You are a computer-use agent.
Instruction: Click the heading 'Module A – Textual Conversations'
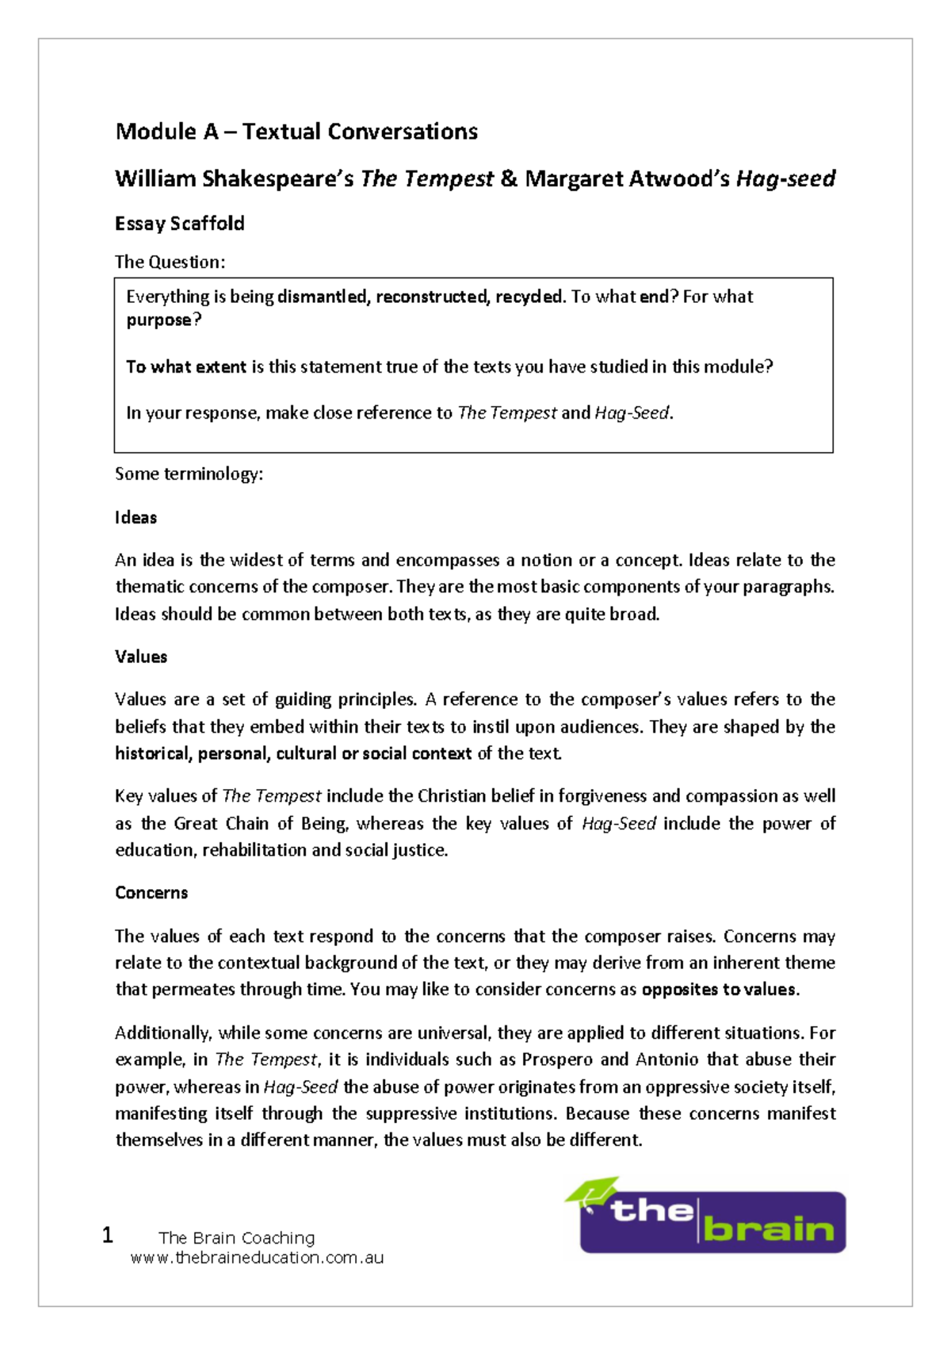pyautogui.click(x=296, y=132)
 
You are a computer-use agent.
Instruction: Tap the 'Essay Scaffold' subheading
pyautogui.click(x=179, y=224)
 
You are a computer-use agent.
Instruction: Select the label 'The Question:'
pyautogui.click(x=170, y=262)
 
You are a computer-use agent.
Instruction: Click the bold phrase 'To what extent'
pyautogui.click(x=185, y=366)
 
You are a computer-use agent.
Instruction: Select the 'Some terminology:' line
pyautogui.click(x=189, y=474)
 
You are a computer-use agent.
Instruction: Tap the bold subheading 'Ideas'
pyautogui.click(x=136, y=518)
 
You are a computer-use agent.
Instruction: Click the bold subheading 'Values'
pyautogui.click(x=140, y=657)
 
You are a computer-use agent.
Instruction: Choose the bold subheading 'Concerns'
pyautogui.click(x=151, y=893)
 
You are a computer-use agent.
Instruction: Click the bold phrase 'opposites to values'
pyautogui.click(x=718, y=990)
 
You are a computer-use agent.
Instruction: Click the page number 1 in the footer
pyautogui.click(x=108, y=1235)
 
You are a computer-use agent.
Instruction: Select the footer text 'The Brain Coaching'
pyautogui.click(x=236, y=1238)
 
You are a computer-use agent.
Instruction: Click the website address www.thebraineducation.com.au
pyautogui.click(x=257, y=1258)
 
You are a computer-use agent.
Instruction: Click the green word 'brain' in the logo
pyautogui.click(x=768, y=1229)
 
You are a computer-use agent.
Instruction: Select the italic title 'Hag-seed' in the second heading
pyautogui.click(x=785, y=179)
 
